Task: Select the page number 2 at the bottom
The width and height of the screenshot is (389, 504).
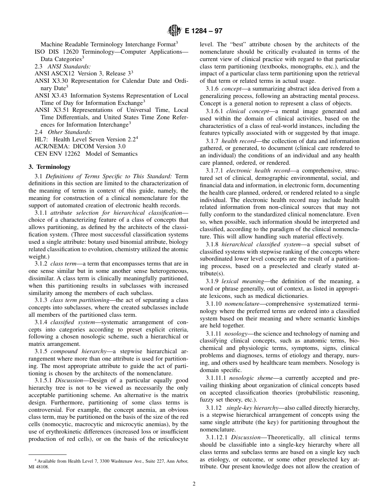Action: (x=194, y=484)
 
